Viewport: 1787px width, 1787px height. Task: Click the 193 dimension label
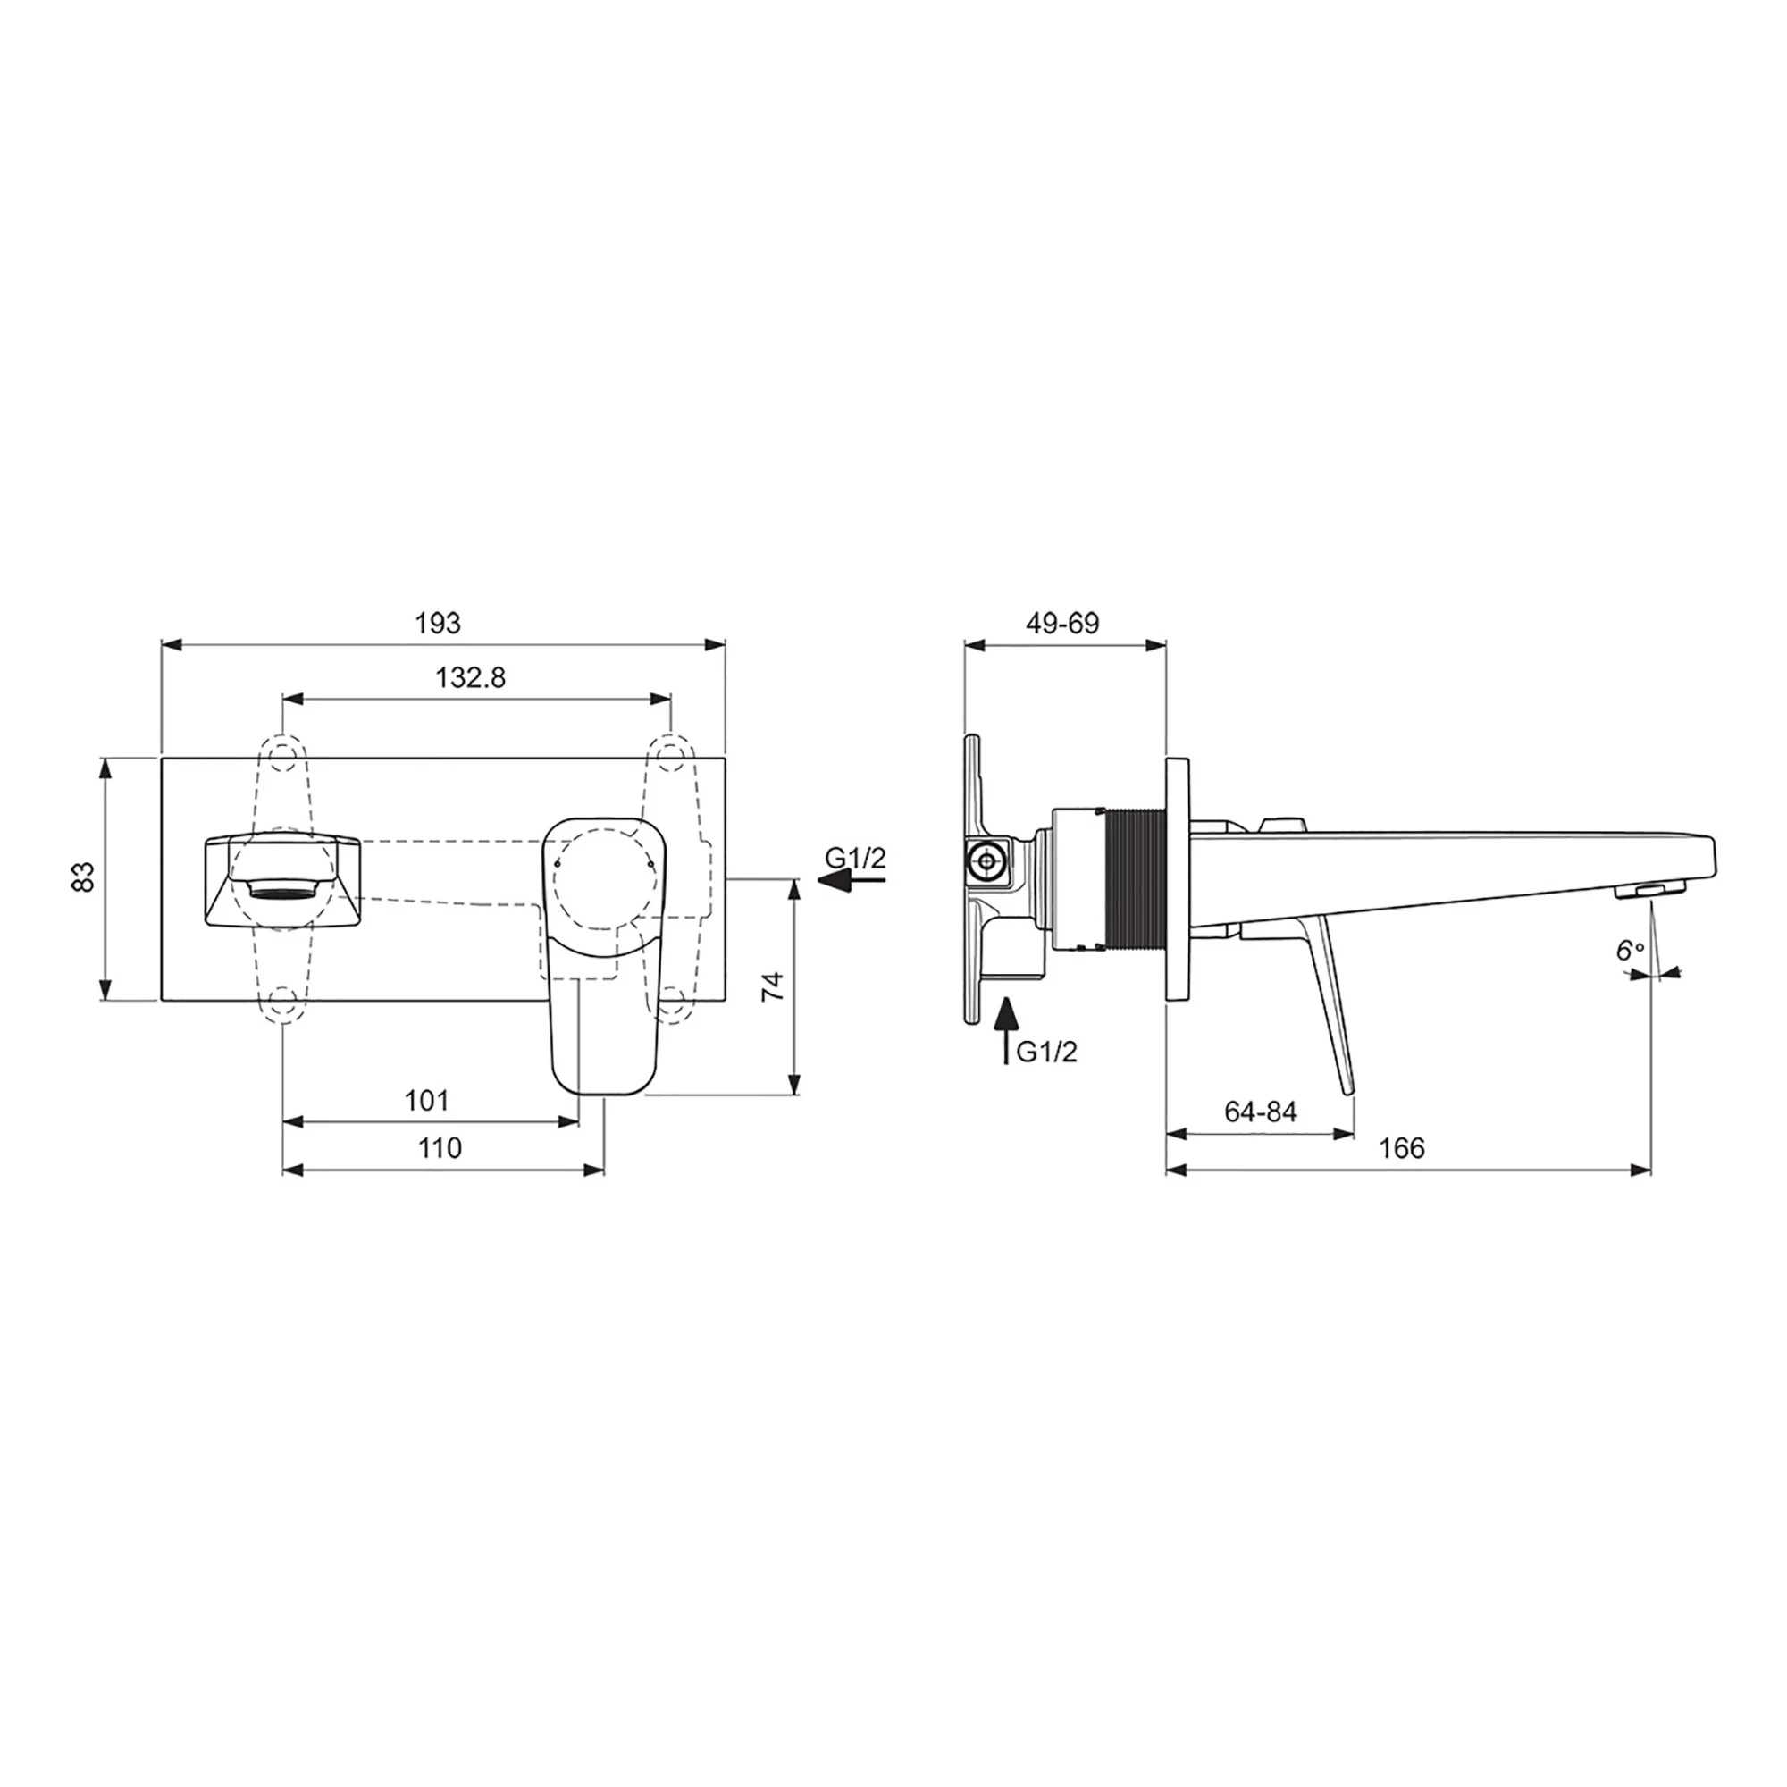point(438,624)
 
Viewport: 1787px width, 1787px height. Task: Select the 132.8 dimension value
point(471,678)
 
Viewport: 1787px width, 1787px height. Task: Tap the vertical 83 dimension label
point(83,876)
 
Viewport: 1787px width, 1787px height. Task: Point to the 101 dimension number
point(426,1101)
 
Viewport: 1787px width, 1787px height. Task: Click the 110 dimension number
point(439,1148)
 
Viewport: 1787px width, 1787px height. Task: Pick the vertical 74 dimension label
point(773,986)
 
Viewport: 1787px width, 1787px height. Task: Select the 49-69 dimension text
point(1062,624)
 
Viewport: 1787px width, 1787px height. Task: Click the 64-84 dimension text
point(1260,1111)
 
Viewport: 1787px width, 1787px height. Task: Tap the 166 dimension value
point(1401,1148)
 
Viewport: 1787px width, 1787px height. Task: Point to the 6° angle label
point(1631,950)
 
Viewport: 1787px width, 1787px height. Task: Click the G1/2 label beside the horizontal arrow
point(856,859)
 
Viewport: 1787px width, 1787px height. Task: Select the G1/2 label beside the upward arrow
point(1046,1052)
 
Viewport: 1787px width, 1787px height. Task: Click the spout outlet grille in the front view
point(282,891)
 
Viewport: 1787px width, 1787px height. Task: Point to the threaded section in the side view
point(1136,877)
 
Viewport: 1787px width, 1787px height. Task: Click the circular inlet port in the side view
point(988,861)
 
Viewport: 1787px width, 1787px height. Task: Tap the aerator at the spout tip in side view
point(1651,891)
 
